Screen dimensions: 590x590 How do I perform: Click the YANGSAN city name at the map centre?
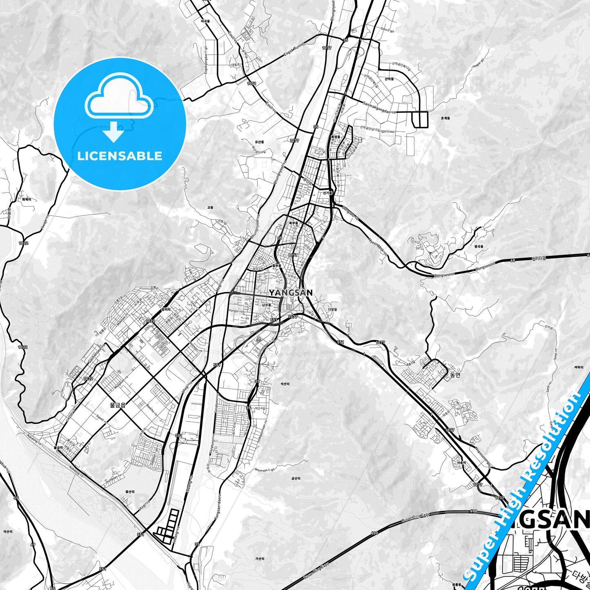(x=291, y=292)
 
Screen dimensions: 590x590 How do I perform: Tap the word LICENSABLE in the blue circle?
(x=120, y=156)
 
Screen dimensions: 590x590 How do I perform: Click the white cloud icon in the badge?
(x=119, y=96)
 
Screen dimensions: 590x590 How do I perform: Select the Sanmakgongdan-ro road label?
(x=379, y=107)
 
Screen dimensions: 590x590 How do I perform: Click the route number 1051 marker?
(x=252, y=83)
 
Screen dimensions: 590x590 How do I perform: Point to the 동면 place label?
(x=455, y=375)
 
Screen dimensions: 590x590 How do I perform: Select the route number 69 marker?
(x=33, y=545)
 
